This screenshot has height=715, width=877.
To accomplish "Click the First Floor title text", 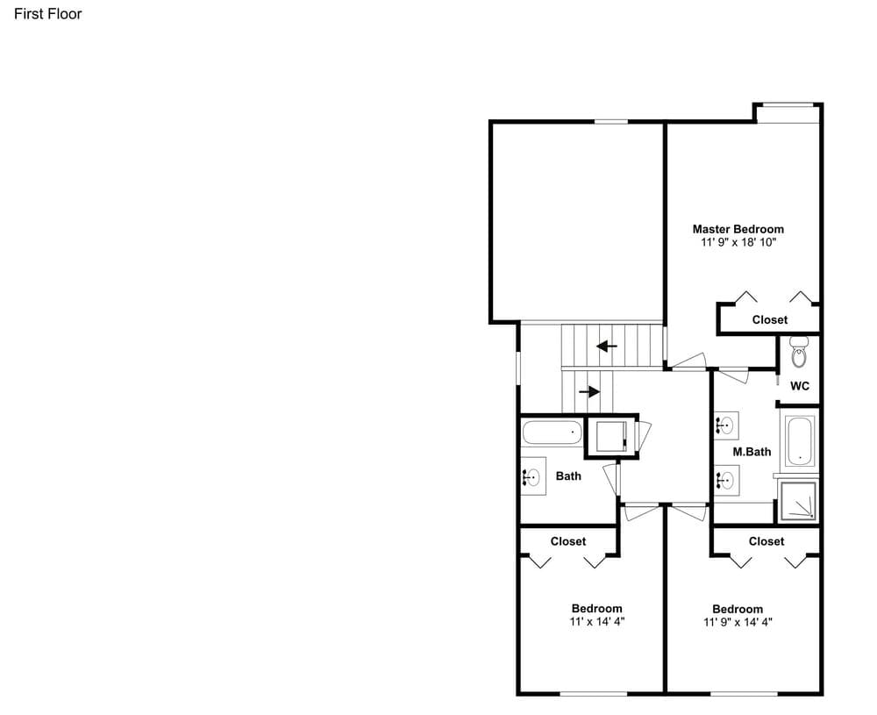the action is click(x=47, y=14).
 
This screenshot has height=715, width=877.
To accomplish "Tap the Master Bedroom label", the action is click(x=738, y=229).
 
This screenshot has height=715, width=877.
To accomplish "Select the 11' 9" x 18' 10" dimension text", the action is click(x=738, y=242).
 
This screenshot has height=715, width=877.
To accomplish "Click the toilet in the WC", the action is click(x=799, y=351).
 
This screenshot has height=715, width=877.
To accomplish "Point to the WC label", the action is click(x=799, y=386).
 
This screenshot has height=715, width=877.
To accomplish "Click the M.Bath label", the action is click(x=752, y=452).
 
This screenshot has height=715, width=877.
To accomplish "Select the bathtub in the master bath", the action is click(x=799, y=441).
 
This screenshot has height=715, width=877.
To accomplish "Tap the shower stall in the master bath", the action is click(x=798, y=500).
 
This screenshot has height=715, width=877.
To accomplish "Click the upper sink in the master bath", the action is click(x=725, y=425).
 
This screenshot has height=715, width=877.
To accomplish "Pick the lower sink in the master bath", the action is click(x=725, y=480).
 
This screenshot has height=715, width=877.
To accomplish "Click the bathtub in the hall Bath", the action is click(x=552, y=433).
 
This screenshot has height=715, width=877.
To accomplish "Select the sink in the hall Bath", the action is click(x=533, y=476).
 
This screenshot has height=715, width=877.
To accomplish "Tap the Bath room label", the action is click(x=568, y=476).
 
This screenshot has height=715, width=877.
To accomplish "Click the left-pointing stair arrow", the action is click(x=607, y=347).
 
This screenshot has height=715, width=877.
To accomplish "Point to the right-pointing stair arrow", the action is click(x=589, y=391).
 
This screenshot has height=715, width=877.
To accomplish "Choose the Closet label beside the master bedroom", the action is click(x=770, y=319).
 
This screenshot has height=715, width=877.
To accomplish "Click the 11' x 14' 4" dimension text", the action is click(x=596, y=622).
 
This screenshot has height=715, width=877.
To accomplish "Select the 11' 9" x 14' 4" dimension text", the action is click(x=738, y=622).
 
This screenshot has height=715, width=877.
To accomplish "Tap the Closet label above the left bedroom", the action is click(x=568, y=541).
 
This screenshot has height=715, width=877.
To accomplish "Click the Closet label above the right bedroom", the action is click(x=766, y=541).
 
